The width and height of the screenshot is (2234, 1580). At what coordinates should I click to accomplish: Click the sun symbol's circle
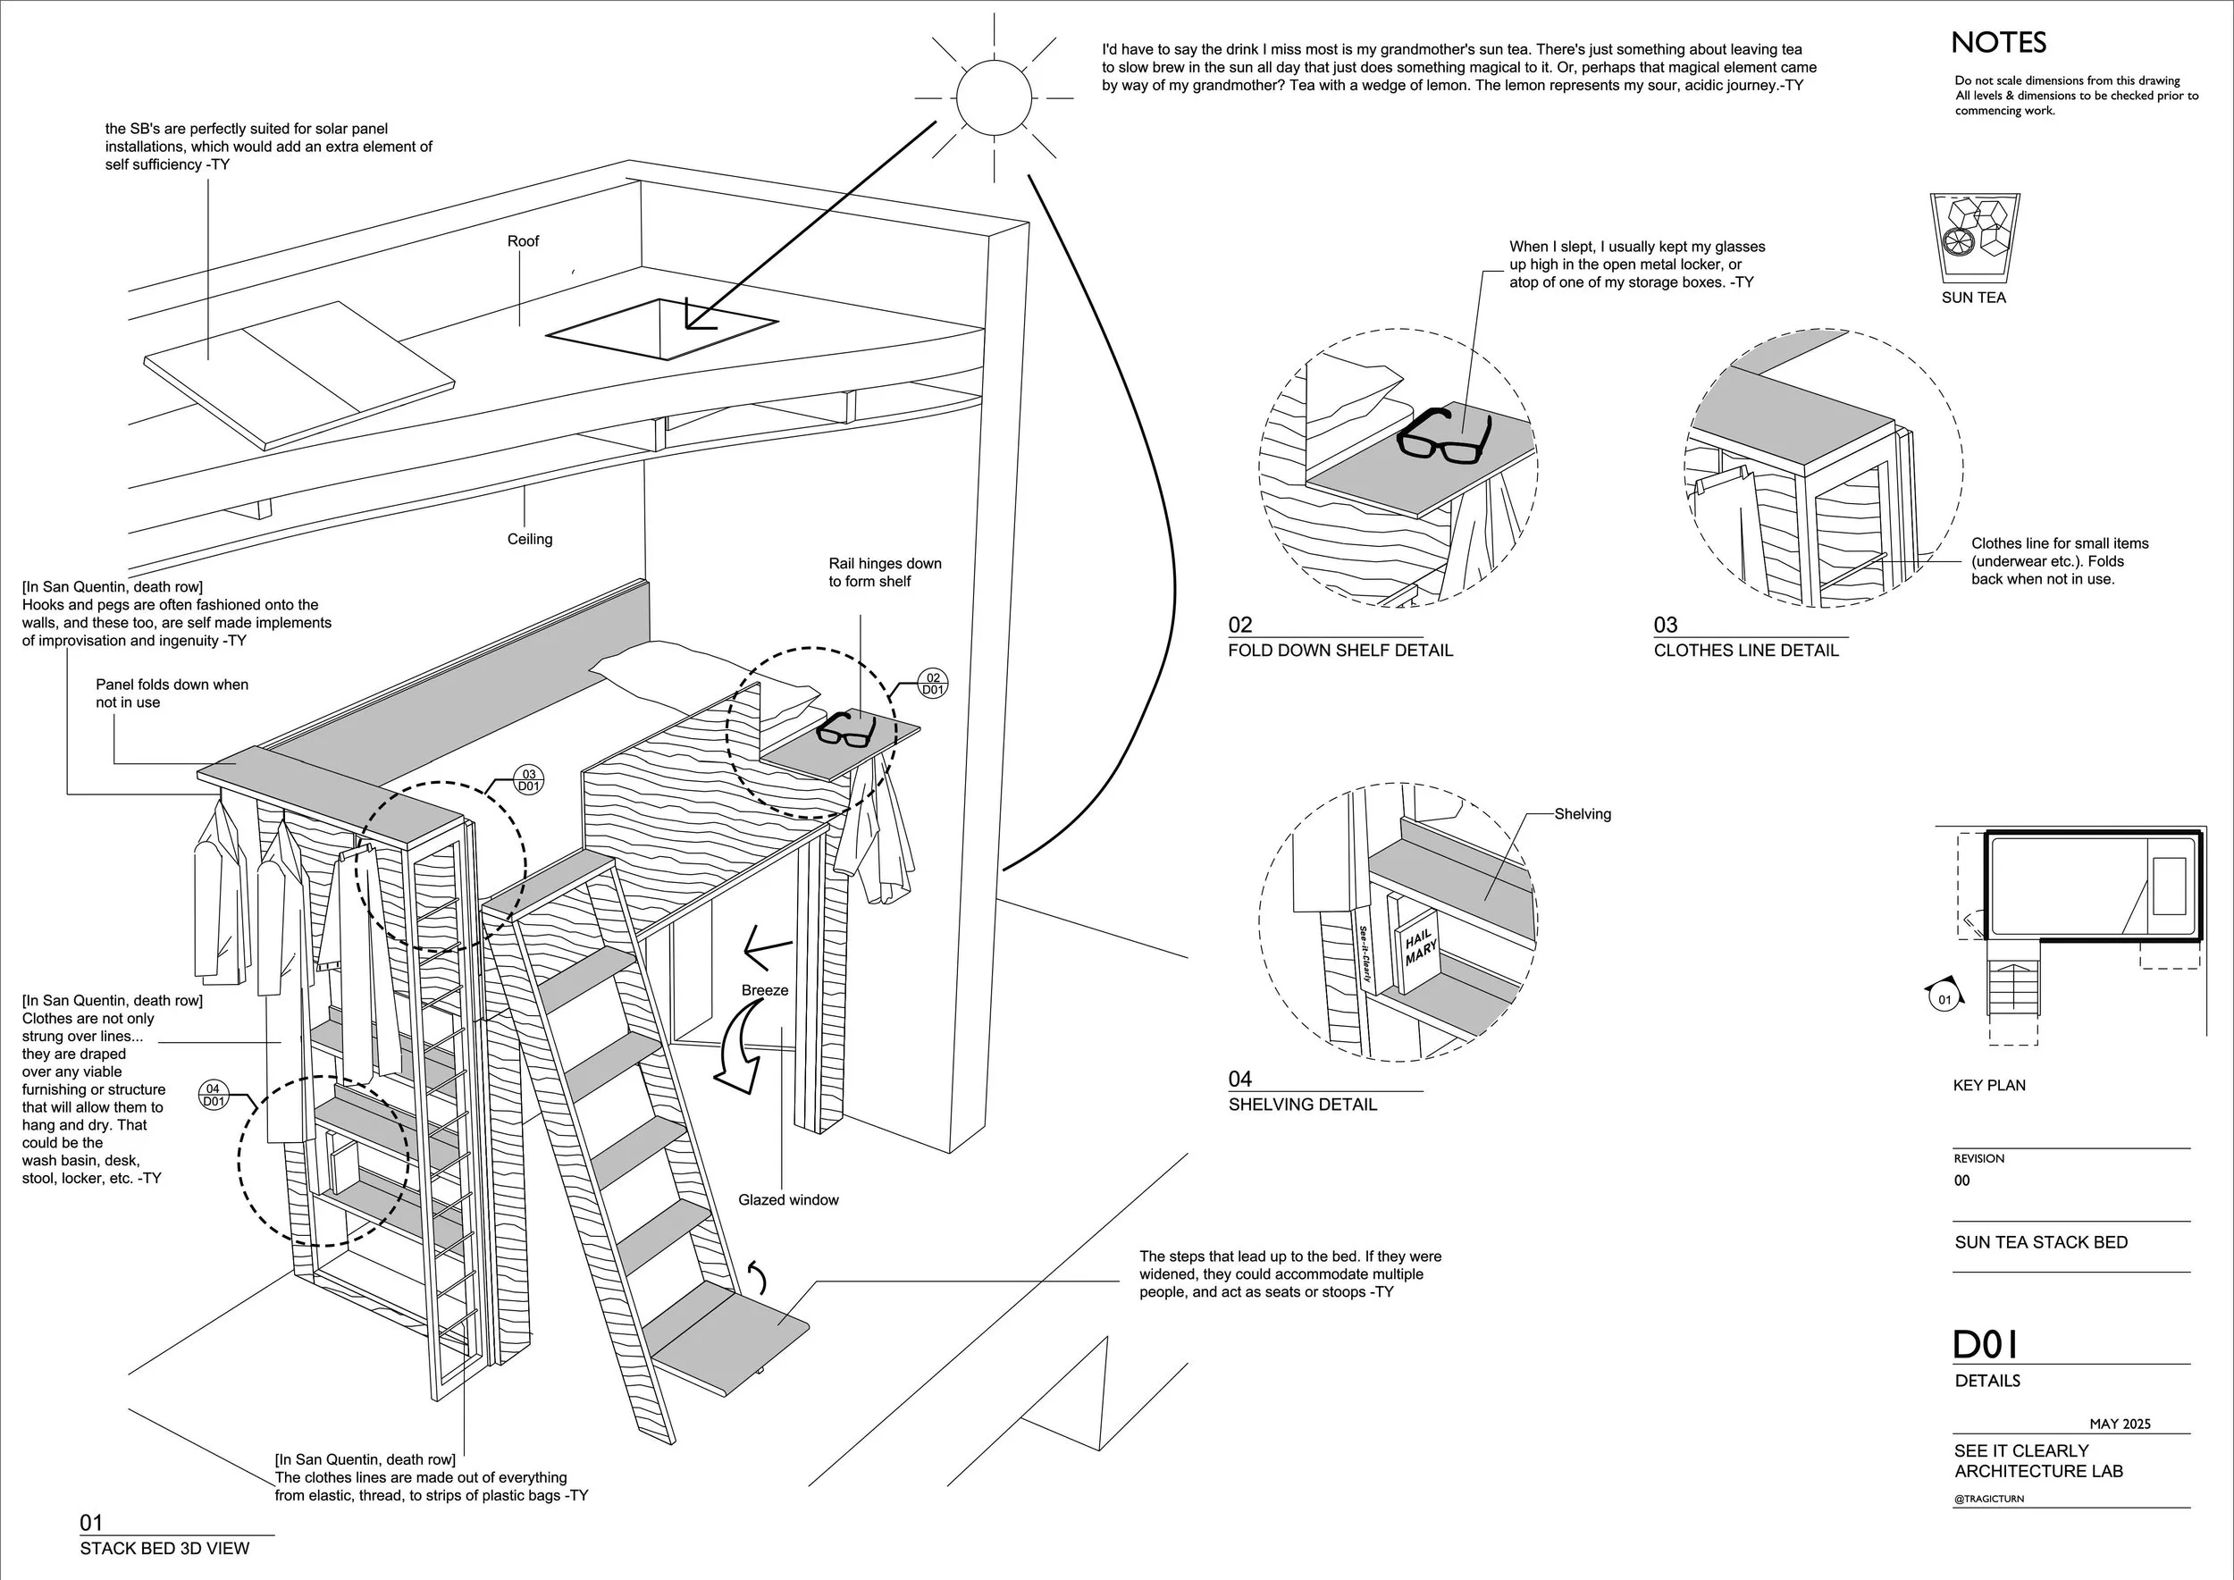point(993,97)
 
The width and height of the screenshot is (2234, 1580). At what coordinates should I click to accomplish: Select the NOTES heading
point(1997,43)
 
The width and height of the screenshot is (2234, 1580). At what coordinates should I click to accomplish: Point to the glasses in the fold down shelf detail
point(1443,435)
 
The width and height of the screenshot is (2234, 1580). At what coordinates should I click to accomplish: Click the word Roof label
point(523,241)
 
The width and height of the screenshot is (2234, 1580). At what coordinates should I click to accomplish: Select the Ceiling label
point(529,539)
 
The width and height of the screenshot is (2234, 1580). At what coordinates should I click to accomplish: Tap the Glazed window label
point(788,1199)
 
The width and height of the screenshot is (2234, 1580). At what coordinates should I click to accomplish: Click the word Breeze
point(765,990)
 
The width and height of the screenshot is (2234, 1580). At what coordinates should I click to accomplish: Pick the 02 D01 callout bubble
point(932,683)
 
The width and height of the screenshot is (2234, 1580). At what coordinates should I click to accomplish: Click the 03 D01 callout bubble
point(528,780)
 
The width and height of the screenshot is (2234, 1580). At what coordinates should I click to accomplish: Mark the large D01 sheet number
point(1986,1345)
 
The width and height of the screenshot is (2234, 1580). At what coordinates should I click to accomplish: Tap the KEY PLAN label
point(1989,1085)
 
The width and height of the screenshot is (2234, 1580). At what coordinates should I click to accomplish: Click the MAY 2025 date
point(2121,1424)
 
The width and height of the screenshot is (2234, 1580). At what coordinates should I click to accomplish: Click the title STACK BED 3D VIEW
point(164,1548)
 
